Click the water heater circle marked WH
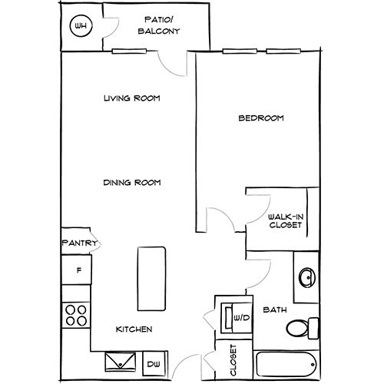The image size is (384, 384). (81, 26)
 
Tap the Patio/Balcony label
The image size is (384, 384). (159, 25)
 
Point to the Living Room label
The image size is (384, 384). (132, 98)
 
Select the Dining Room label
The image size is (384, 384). (132, 183)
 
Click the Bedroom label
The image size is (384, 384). (261, 118)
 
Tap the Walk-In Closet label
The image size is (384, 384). (286, 221)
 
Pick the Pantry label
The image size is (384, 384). (80, 243)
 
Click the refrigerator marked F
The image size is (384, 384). (77, 270)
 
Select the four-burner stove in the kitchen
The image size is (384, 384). (76, 315)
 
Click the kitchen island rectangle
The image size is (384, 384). (151, 279)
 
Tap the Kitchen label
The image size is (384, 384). (134, 329)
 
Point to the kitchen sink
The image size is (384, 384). (121, 362)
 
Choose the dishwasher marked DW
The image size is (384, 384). (154, 363)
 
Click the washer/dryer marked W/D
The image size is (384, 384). (237, 318)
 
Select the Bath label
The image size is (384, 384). (275, 310)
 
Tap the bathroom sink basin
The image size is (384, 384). (307, 277)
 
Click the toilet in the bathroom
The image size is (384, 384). (303, 328)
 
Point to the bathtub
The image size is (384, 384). (286, 364)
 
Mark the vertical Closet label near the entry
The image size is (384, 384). (233, 360)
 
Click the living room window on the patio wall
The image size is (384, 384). (129, 51)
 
